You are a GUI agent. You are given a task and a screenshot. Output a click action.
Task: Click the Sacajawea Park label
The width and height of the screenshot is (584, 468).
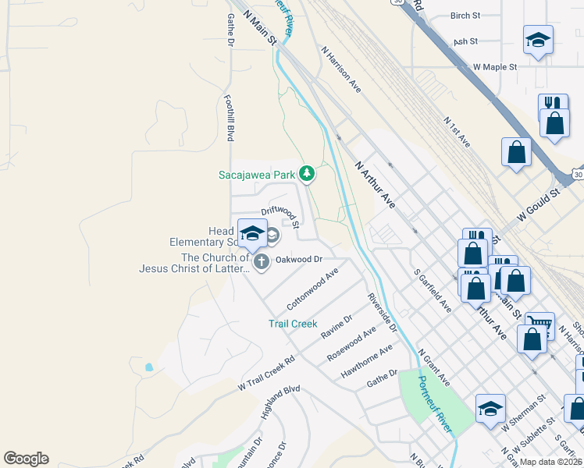point(256,175)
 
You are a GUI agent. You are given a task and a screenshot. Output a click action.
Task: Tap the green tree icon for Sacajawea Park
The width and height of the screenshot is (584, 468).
point(307,173)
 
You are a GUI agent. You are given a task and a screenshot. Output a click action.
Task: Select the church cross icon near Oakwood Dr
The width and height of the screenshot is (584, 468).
point(262,262)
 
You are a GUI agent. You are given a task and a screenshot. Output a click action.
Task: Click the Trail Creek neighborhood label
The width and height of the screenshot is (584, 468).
point(293,323)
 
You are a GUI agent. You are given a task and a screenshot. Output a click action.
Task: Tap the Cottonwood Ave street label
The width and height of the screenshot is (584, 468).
point(312,289)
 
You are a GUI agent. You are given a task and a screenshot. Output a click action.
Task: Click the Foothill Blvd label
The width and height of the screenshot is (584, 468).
point(230,118)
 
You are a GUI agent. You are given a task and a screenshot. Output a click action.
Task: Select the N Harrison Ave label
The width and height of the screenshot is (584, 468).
point(340,69)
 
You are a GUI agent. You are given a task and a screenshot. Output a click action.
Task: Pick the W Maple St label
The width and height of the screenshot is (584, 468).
point(495,68)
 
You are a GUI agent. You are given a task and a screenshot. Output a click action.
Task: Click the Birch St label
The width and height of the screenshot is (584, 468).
point(465,16)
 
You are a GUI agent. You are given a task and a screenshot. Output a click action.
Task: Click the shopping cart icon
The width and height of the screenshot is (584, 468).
point(539,321)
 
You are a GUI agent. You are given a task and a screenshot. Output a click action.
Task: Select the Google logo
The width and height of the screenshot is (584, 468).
point(26,459)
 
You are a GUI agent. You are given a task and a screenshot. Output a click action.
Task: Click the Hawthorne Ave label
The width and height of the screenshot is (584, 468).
point(366,363)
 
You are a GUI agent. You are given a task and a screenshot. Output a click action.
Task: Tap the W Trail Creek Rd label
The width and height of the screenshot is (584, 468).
point(266,373)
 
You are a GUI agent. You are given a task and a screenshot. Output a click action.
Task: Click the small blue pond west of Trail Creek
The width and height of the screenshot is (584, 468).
point(148,366)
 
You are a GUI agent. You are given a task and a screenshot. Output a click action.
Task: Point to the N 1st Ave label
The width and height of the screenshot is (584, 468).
point(457,132)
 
